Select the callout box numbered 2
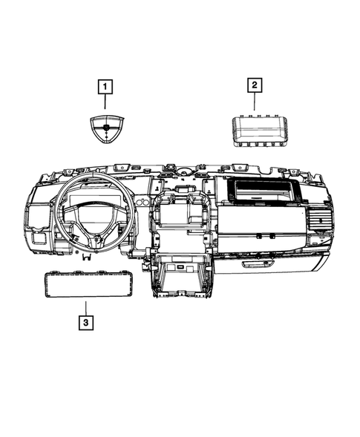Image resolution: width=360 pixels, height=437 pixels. (254, 87)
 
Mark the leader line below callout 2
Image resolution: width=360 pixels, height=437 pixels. (254, 102)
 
